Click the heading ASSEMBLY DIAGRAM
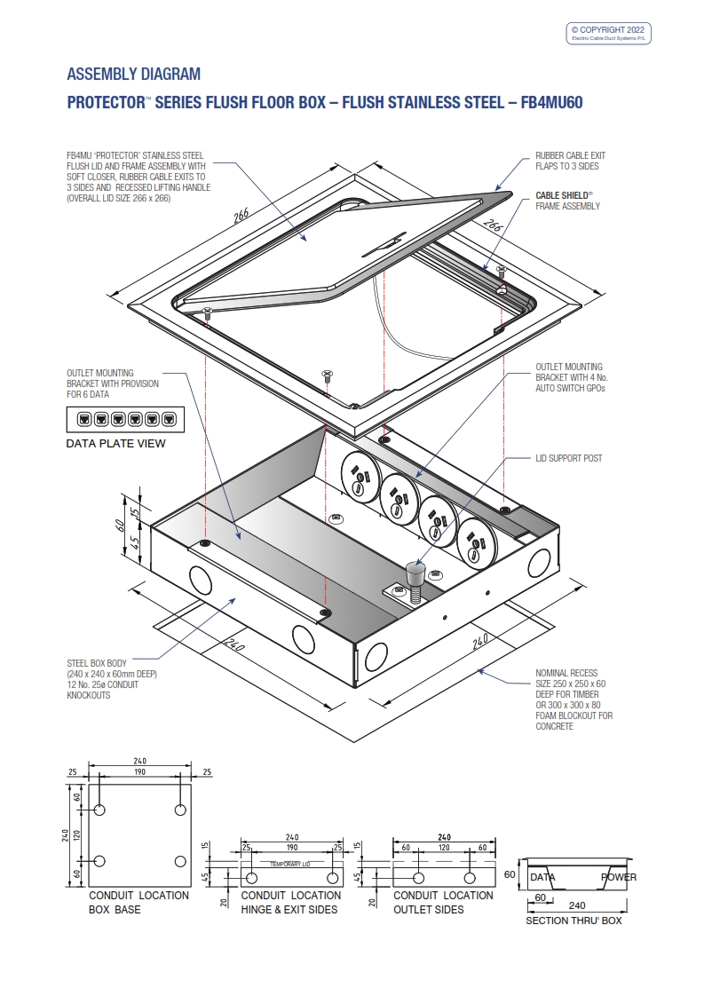pyautogui.click(x=134, y=74)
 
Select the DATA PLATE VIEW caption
pyautogui.click(x=115, y=443)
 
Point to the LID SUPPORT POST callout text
pyautogui.click(x=568, y=458)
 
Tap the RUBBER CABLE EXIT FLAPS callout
pyautogui.click(x=570, y=160)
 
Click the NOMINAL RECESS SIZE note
pyautogui.click(x=573, y=700)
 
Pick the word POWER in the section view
pyautogui.click(x=618, y=877)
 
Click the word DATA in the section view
pyautogui.click(x=542, y=877)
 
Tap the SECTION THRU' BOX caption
pyautogui.click(x=573, y=921)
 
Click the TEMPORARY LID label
pyautogui.click(x=289, y=864)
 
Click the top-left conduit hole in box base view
pyautogui.click(x=99, y=810)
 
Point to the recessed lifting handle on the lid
pyautogui.click(x=392, y=239)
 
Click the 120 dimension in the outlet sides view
pyautogui.click(x=444, y=848)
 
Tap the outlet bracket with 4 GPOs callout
pyautogui.click(x=569, y=377)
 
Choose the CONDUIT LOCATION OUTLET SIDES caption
pyautogui.click(x=443, y=902)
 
